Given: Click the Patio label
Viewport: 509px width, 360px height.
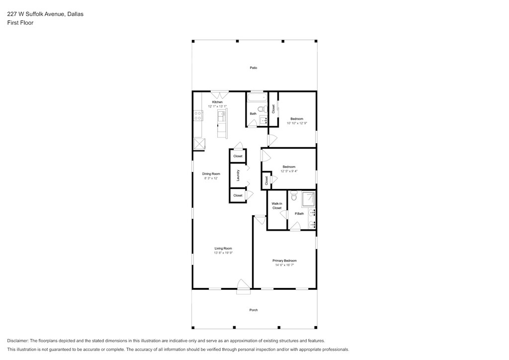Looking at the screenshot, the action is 254,68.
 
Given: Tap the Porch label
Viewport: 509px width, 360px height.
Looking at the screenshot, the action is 254,310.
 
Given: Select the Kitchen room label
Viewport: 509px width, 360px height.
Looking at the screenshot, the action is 218,102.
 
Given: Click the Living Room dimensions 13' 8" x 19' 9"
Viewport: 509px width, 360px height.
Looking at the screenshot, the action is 223,253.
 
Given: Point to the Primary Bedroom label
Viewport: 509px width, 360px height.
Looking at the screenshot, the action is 284,261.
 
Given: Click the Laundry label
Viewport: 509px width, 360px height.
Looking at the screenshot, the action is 238,176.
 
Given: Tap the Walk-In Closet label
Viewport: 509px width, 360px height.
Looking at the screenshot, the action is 277,206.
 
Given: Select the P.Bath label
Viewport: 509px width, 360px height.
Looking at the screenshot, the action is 299,214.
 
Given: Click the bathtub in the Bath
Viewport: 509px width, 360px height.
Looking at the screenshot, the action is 257,98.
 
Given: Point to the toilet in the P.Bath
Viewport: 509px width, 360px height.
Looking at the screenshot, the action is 294,196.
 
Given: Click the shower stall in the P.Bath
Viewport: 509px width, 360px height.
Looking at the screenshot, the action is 308,199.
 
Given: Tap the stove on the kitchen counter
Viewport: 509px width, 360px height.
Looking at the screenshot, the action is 198,115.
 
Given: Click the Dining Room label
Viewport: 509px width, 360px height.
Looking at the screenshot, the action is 211,174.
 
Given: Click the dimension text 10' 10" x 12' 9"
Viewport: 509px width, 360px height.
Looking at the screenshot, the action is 297,123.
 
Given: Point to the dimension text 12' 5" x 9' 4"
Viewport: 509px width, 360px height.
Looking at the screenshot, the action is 289,171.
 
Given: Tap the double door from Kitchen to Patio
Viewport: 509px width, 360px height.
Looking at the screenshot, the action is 220,94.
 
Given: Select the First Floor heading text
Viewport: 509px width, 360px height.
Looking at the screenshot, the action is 20,23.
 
